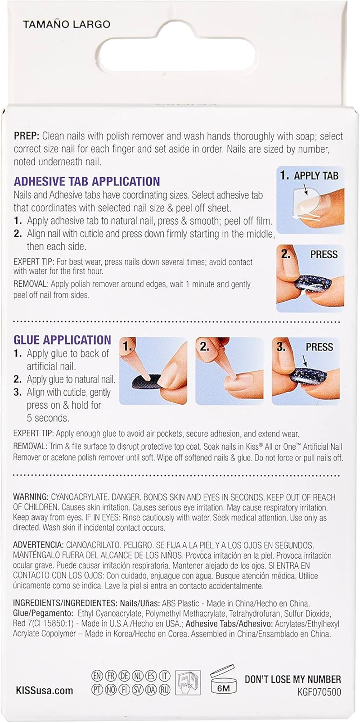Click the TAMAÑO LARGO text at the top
point(67,24)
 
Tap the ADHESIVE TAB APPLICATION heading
point(87,181)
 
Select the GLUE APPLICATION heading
point(62,340)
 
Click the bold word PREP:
point(27,136)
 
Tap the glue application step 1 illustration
point(153,371)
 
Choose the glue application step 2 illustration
point(229,371)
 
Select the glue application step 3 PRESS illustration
point(306,371)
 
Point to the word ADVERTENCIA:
point(38,545)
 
